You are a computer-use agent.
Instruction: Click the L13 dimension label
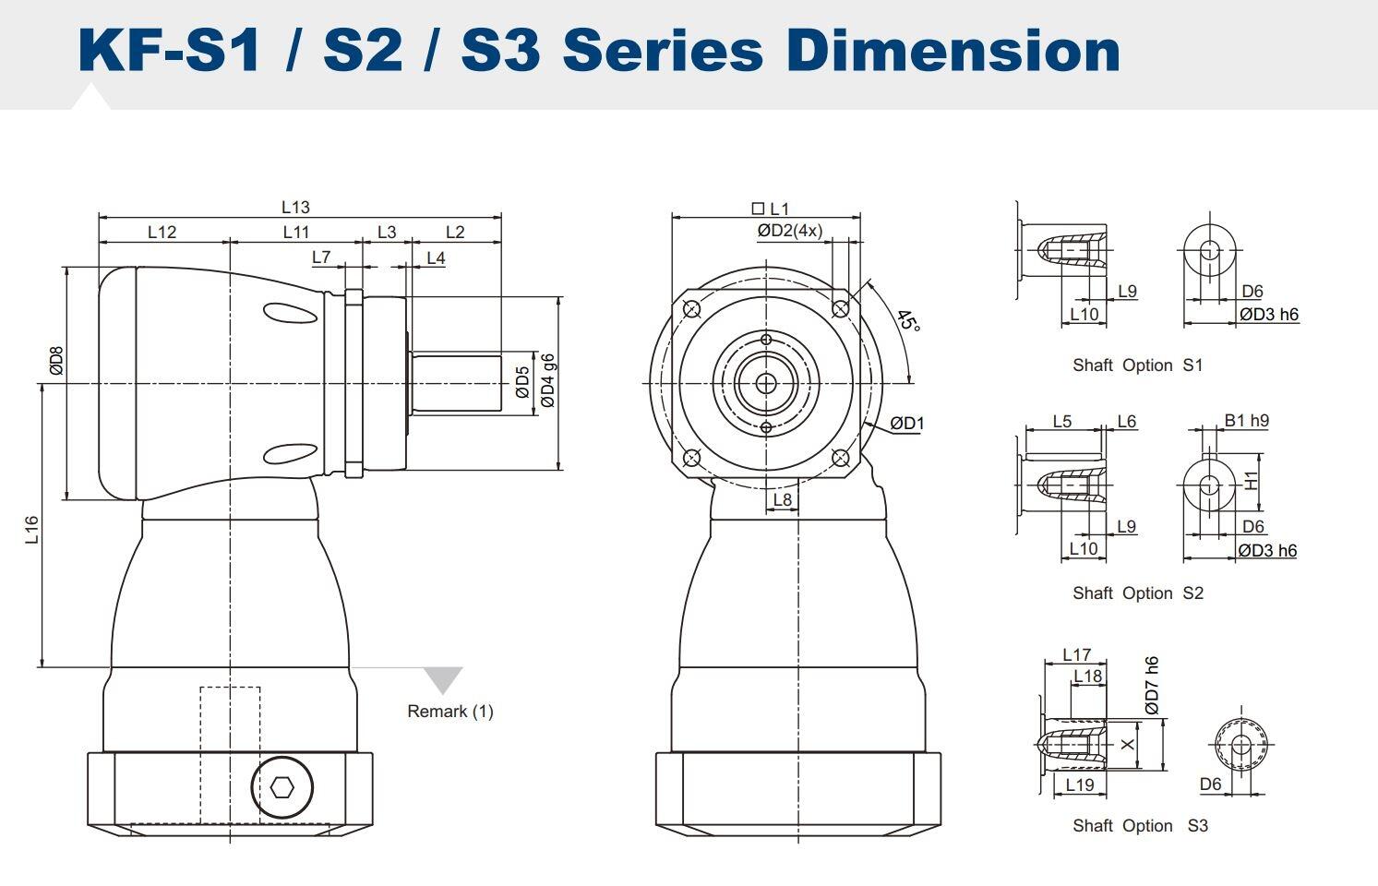tap(295, 208)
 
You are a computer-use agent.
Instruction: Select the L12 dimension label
tap(162, 232)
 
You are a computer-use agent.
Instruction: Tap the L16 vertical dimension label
tap(31, 529)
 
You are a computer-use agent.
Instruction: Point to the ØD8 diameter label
tap(56, 360)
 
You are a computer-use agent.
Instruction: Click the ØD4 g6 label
tap(547, 379)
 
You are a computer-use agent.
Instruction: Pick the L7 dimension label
tap(320, 257)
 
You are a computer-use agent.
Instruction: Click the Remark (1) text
tap(450, 712)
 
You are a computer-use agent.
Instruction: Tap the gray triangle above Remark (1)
tap(443, 679)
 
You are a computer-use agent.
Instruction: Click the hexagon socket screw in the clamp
tap(282, 787)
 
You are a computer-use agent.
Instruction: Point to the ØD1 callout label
tap(906, 424)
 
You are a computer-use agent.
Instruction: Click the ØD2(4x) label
tap(789, 231)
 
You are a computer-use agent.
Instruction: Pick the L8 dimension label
tap(782, 500)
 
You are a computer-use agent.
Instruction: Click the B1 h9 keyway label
tap(1246, 421)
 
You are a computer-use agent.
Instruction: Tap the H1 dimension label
tap(1252, 480)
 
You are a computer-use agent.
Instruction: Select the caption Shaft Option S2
tap(1137, 593)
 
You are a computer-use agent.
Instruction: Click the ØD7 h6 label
tap(1151, 685)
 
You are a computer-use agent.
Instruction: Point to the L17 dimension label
tap(1076, 654)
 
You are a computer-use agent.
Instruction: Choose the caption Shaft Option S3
tap(1139, 826)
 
